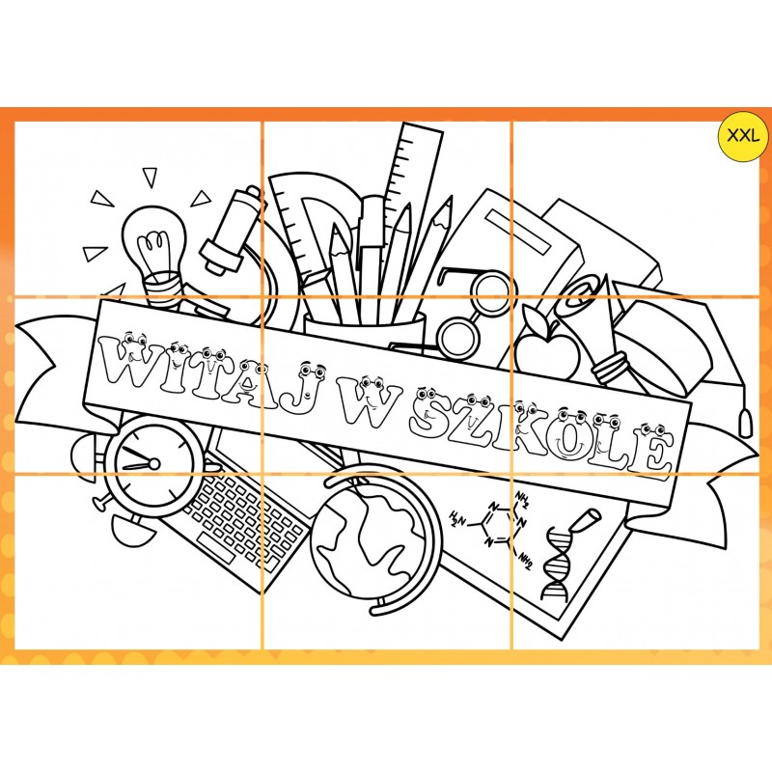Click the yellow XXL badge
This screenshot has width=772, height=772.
point(743,136)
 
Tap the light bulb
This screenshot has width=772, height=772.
point(155,256)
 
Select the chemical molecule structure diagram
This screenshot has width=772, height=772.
point(492,528)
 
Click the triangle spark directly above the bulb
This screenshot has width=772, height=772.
point(150,177)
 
